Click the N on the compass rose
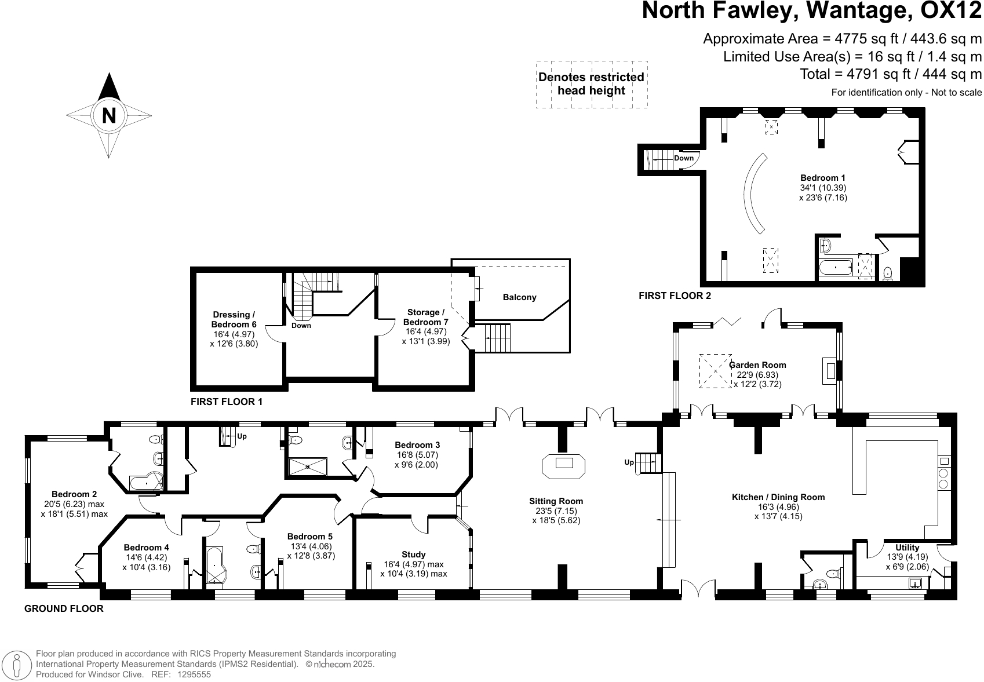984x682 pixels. tap(109, 115)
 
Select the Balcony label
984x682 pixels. tap(519, 297)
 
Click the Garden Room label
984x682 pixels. tap(758, 365)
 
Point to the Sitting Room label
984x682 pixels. tap(556, 501)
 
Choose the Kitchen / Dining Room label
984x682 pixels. tap(778, 497)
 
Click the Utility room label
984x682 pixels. tap(907, 548)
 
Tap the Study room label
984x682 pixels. tap(413, 555)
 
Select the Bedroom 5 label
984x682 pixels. tap(310, 537)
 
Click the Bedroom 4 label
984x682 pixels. tap(146, 548)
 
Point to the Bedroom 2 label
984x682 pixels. tap(74, 494)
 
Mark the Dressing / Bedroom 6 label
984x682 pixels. tap(234, 319)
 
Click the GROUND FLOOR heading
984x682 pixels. tap(64, 608)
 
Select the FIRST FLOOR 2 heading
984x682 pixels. tap(675, 296)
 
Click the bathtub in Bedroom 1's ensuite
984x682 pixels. tap(836, 268)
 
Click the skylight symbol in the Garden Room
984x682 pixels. tap(715, 371)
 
